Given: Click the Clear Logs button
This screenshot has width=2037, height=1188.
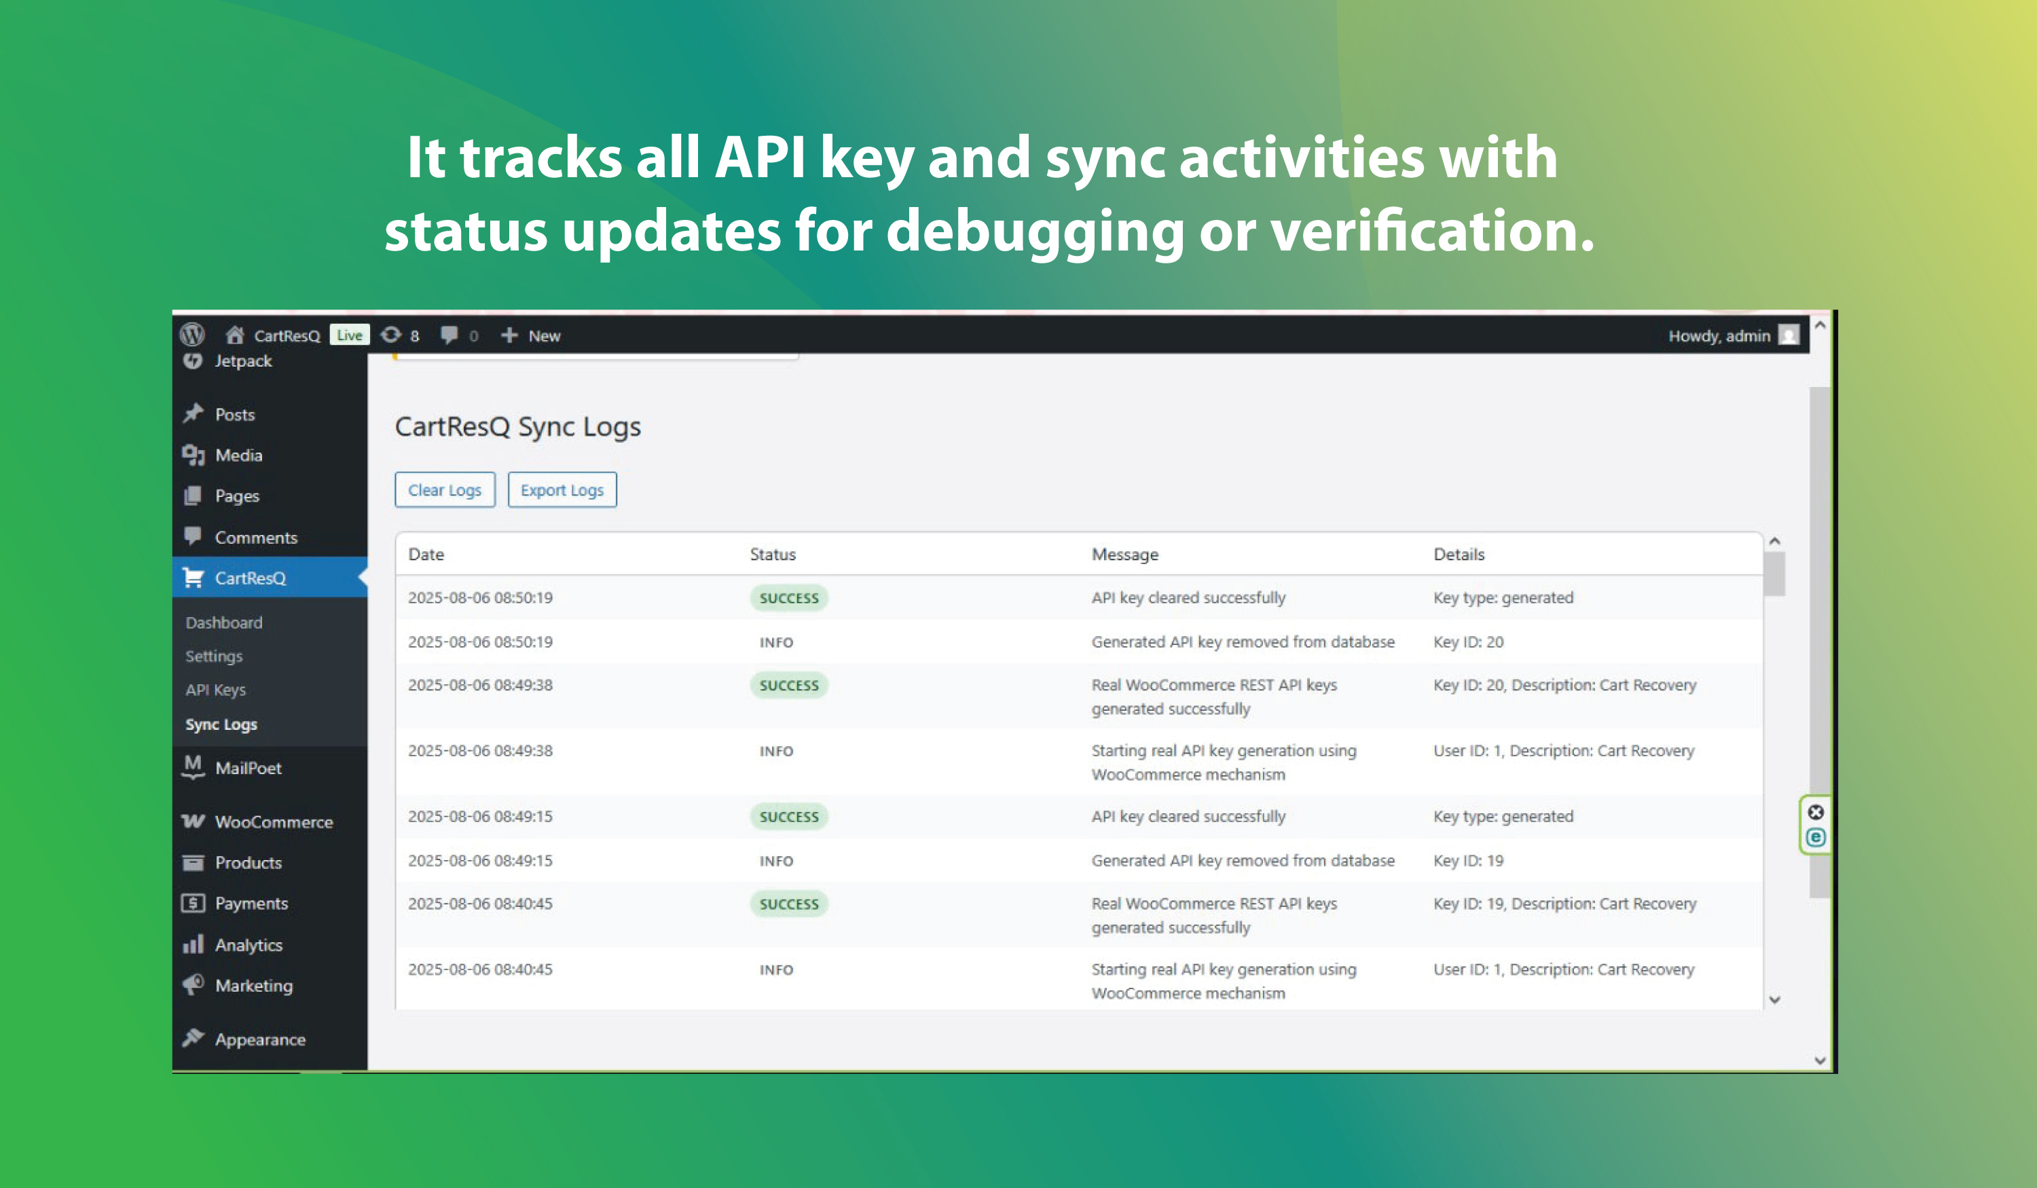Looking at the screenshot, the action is coord(445,489).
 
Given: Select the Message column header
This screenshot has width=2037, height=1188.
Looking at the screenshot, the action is coord(1124,555).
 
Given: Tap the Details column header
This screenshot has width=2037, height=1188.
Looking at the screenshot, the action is coord(1459,555).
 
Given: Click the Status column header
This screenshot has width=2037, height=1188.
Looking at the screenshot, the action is coord(773,555).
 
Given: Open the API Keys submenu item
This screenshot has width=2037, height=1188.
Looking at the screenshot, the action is coord(215,689).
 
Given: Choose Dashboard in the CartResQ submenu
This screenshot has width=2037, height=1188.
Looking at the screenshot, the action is coord(224,623).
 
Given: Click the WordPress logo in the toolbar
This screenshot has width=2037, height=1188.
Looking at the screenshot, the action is coord(192,335).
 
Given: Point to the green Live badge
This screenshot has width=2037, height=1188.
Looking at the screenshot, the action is coord(349,335).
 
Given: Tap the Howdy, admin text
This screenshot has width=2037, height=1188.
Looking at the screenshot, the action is coord(1719,335).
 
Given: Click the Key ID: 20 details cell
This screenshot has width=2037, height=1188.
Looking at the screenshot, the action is coord(1468,642).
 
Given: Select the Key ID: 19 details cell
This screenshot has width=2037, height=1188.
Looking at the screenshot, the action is coord(1468,861).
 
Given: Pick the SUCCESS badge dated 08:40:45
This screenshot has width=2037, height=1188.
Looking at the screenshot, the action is coord(789,904).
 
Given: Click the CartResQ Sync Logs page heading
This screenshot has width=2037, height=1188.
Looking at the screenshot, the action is coord(517,427).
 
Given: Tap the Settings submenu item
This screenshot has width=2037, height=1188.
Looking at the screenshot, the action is coord(213,656).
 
